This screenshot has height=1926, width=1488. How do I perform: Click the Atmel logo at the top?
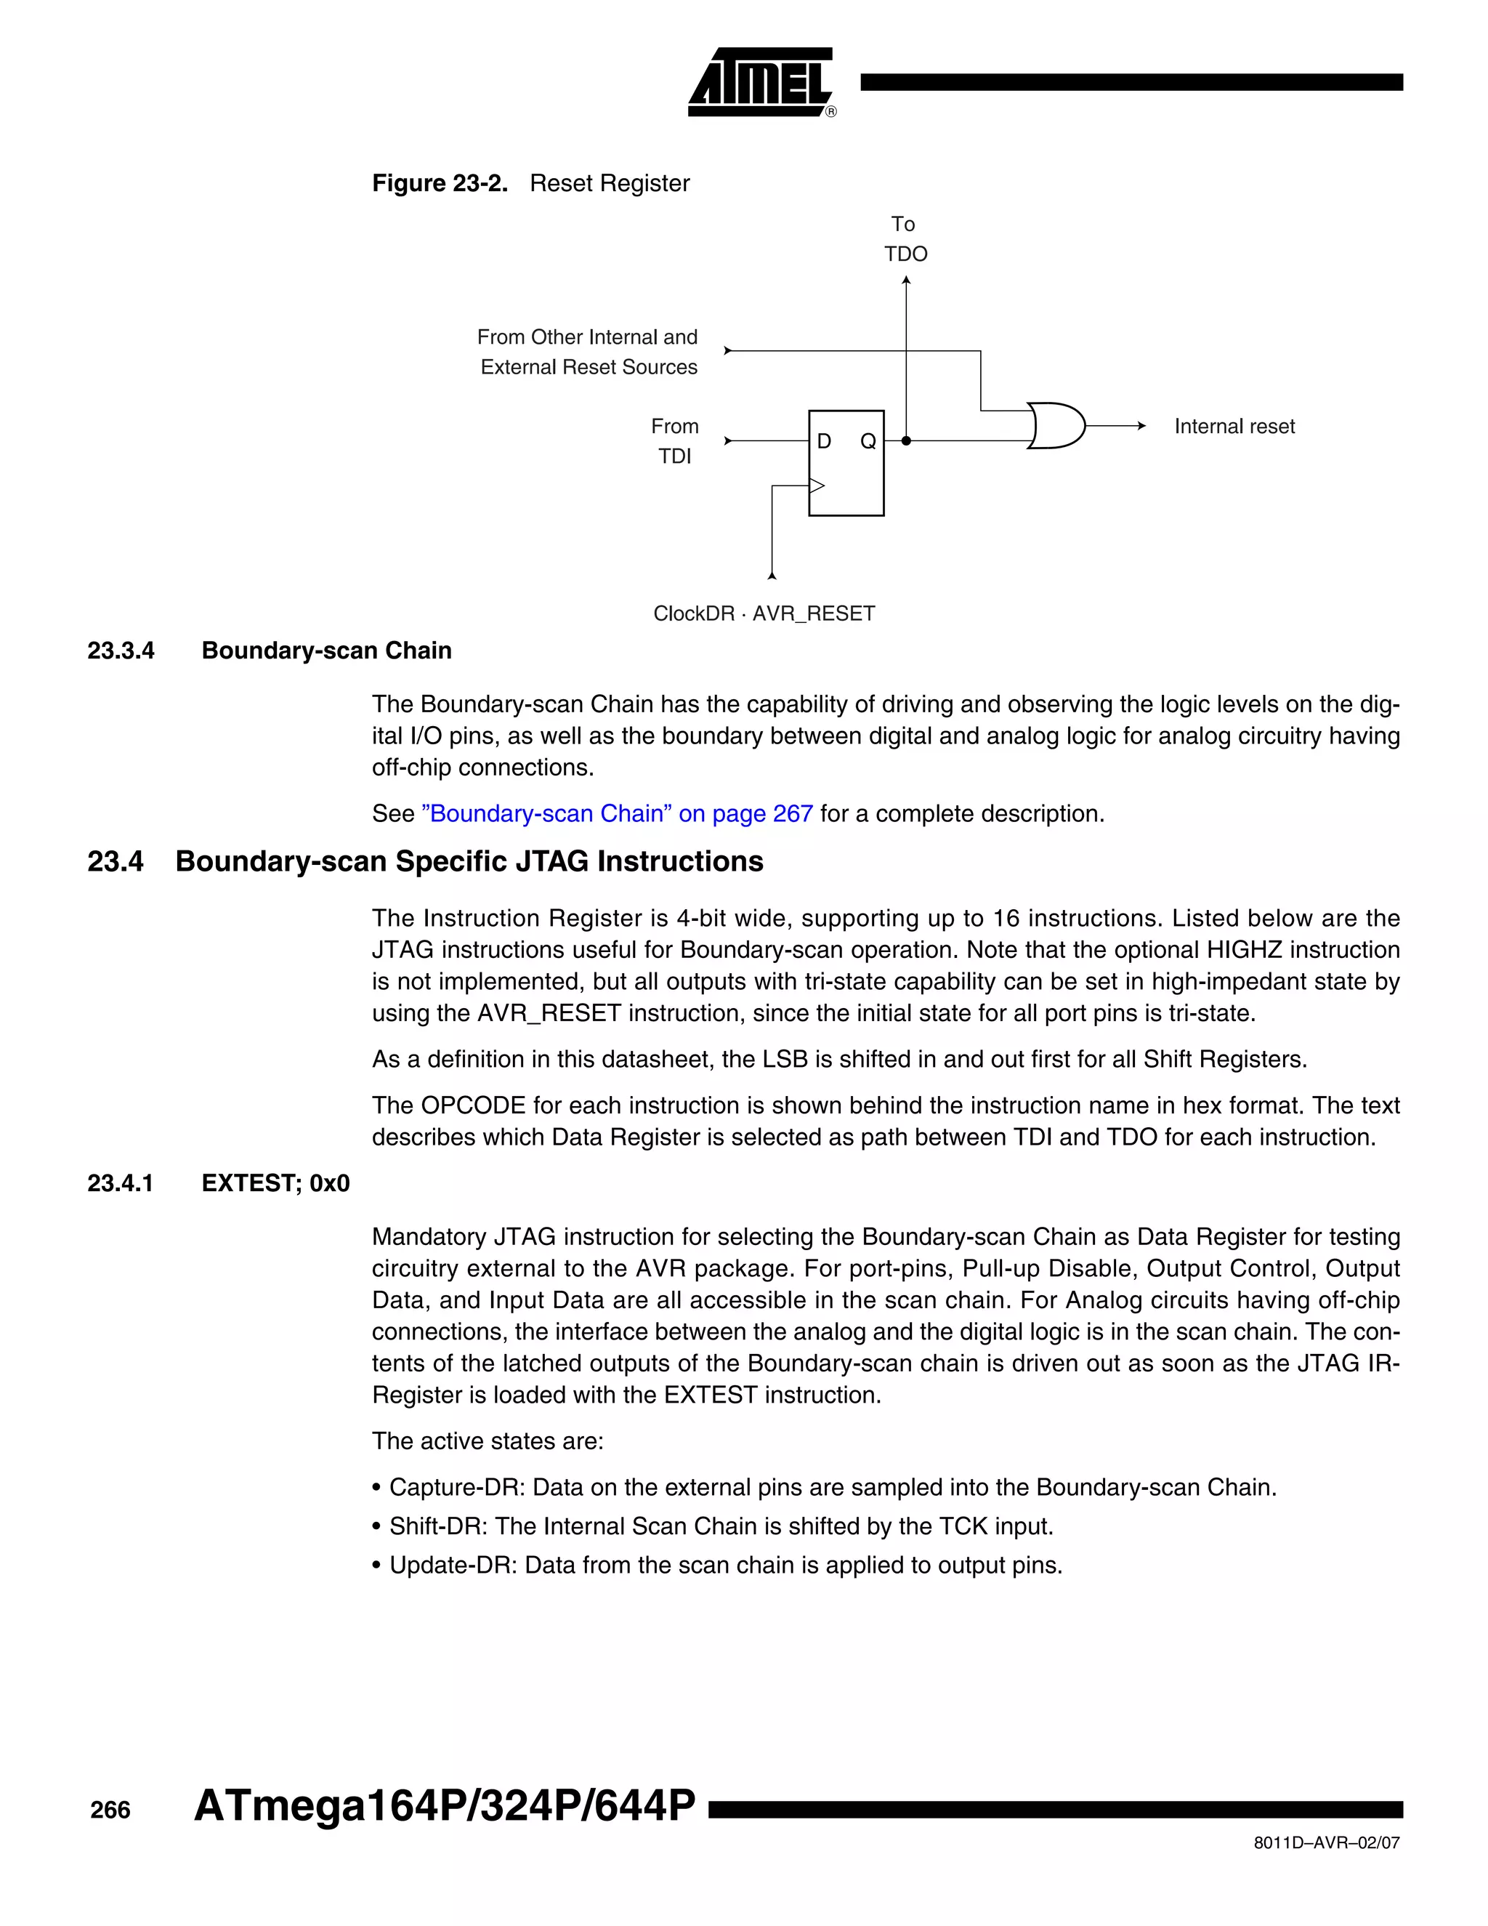761,82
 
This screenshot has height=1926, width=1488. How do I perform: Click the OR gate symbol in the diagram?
1056,426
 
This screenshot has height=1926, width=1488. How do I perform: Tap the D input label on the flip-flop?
824,441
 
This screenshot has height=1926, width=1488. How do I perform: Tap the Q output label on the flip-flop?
868,441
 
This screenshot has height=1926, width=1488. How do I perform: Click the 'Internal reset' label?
1234,427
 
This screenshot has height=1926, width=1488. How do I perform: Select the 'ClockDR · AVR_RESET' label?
764,614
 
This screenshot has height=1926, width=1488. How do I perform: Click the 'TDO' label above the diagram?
906,254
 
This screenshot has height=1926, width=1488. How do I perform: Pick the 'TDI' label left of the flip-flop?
674,456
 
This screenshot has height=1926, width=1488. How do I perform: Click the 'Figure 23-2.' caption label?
440,183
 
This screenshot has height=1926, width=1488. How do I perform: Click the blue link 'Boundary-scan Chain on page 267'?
617,813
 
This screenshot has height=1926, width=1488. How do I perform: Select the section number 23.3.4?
121,650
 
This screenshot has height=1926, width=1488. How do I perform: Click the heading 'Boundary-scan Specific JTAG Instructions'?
469,861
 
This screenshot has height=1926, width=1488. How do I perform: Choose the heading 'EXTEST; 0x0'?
275,1183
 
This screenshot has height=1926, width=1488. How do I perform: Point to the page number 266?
110,1810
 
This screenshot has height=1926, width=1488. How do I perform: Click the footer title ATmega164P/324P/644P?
444,1806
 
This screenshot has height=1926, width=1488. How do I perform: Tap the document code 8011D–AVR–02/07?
1326,1842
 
